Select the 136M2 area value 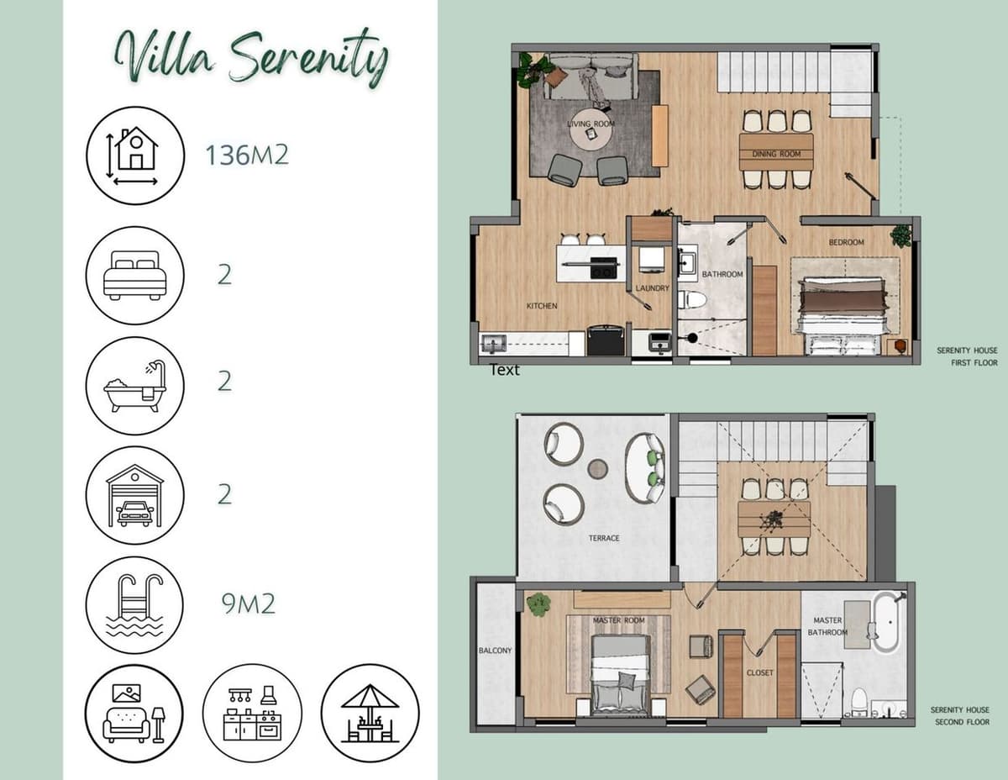(x=247, y=155)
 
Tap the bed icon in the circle (x=134, y=275)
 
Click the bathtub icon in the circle (x=134, y=386)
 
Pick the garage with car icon (x=134, y=495)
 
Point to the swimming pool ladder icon (x=134, y=605)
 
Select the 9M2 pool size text (x=248, y=604)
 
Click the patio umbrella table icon (x=370, y=714)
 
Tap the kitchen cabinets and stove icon (x=252, y=714)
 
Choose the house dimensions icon (x=134, y=155)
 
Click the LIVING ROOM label (x=591, y=124)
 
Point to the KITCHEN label (x=542, y=306)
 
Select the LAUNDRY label (x=653, y=288)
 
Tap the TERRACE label (x=604, y=538)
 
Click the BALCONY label (x=495, y=651)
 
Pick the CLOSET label (x=760, y=672)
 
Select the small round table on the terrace (x=597, y=468)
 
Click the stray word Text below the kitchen (x=505, y=370)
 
